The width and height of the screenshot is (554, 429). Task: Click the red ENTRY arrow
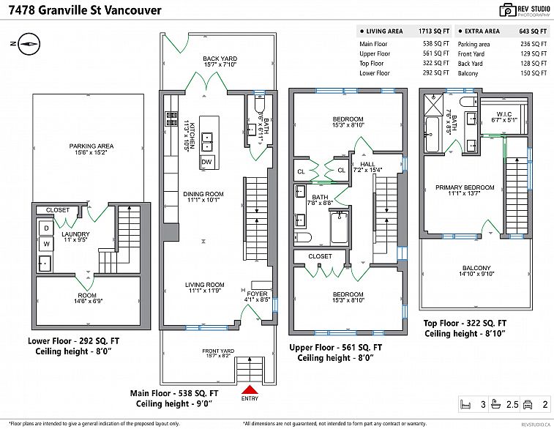250,390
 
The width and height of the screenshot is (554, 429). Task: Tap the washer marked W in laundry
45,243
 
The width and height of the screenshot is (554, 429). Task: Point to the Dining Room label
203,194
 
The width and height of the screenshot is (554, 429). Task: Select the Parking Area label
91,146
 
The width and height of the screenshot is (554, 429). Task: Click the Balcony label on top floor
476,268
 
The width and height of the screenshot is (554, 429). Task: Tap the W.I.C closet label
503,113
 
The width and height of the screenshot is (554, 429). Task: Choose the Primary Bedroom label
465,187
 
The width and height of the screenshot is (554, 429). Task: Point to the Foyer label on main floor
257,294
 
